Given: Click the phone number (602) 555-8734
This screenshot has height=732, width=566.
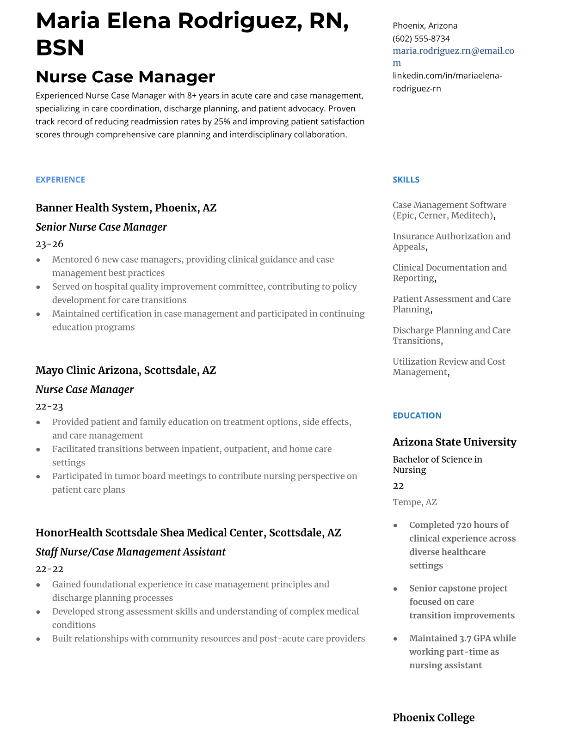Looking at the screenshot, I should (421, 38).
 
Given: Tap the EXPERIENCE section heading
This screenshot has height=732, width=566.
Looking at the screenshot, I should (60, 180).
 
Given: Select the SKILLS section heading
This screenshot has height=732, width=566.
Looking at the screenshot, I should (406, 180).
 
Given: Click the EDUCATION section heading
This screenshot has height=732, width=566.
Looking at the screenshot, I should (417, 415).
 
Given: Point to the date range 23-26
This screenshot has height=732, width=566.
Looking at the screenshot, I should (49, 244).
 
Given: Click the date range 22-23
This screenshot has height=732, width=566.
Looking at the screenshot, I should (49, 407).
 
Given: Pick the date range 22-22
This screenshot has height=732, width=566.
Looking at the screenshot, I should (49, 569).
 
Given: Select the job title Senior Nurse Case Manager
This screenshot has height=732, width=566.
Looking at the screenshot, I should (101, 227).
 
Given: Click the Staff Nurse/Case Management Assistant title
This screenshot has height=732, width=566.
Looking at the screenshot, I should (130, 552).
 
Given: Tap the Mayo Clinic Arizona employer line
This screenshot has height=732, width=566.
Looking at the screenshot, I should (125, 370).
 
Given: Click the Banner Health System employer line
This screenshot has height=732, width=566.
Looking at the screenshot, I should (126, 207).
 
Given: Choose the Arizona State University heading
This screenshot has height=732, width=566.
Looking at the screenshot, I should (454, 442).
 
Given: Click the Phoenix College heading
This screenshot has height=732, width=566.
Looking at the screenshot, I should (433, 717).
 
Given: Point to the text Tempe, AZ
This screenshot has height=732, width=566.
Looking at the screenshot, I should (414, 502).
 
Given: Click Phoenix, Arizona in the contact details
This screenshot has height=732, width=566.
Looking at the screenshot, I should (424, 25).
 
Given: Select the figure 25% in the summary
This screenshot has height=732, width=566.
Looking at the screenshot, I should (222, 122).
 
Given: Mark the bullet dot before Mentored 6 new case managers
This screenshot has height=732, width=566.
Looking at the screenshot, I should (38, 260).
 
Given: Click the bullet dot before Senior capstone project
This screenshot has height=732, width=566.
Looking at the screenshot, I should (395, 589).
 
